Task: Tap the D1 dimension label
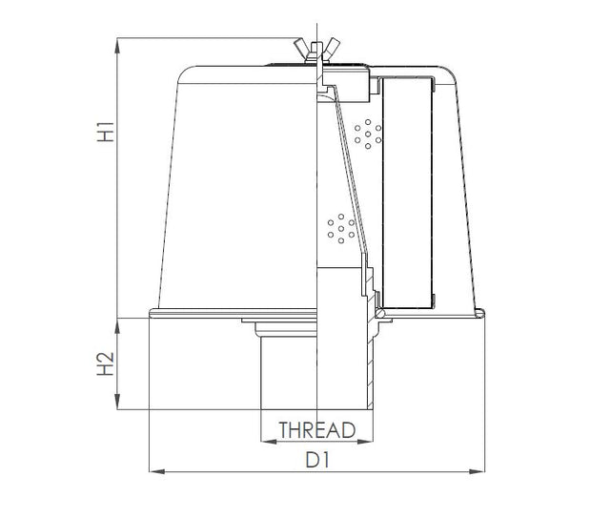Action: click(316, 460)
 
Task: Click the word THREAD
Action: click(316, 430)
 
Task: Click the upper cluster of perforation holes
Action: click(367, 134)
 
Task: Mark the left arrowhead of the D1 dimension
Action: click(155, 471)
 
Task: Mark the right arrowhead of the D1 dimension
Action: click(481, 471)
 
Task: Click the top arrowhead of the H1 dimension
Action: click(116, 43)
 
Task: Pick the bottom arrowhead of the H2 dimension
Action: click(116, 405)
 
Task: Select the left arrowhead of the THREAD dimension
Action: click(265, 442)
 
